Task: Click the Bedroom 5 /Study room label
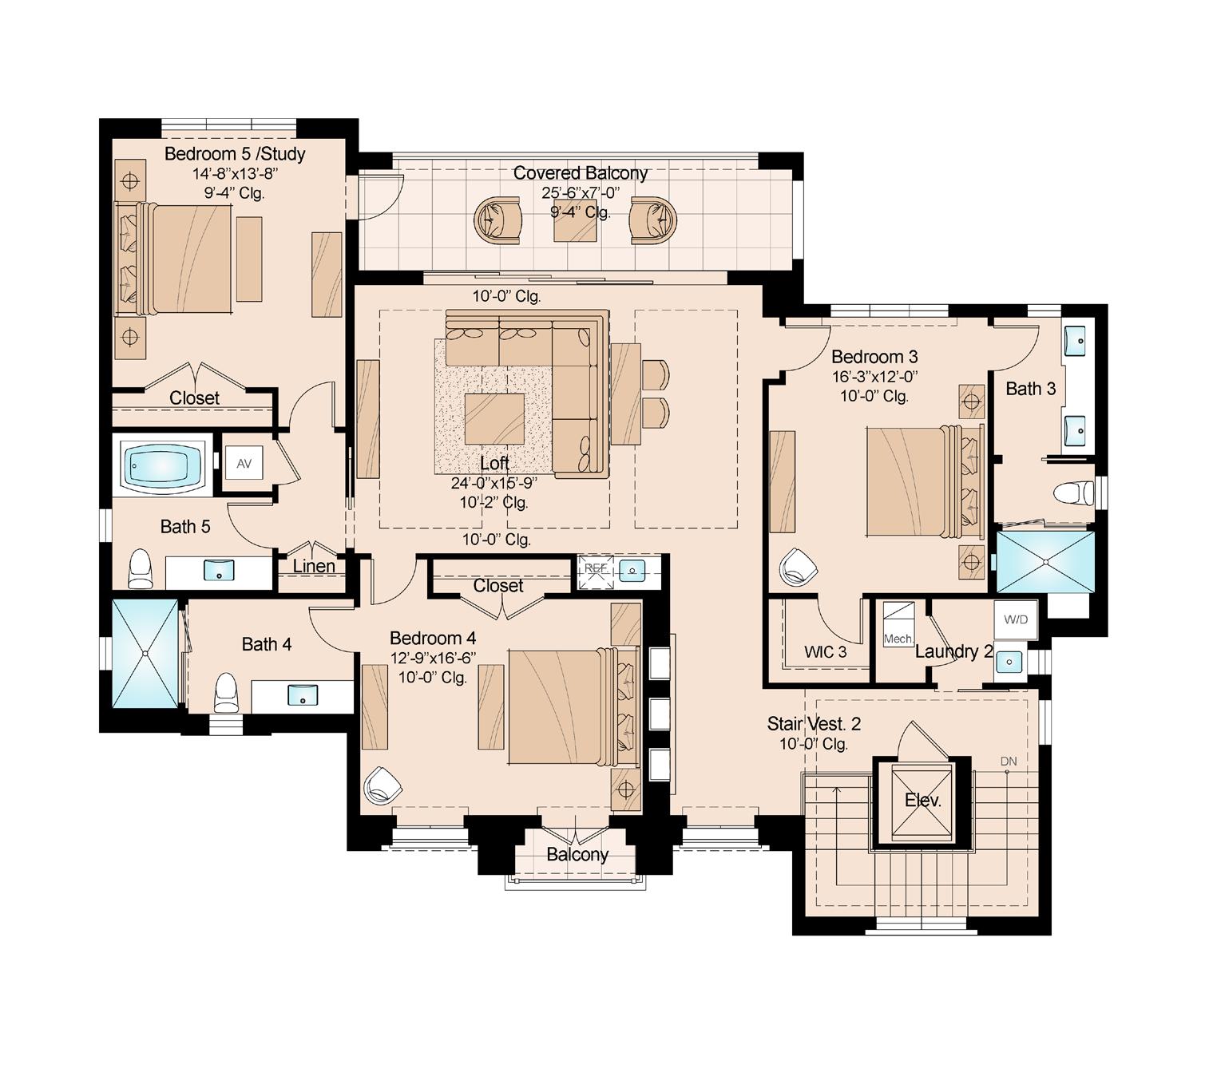234,154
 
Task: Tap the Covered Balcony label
580,173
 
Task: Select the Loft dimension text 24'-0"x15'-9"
493,483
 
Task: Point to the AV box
244,463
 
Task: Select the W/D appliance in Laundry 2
1015,619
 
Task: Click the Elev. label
922,801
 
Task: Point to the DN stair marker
1009,762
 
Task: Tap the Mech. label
898,639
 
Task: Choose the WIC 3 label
825,652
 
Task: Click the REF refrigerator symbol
596,572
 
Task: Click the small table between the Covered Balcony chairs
574,220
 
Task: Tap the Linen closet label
314,566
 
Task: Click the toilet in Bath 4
225,692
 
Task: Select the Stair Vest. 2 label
814,724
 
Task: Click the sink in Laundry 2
1009,661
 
